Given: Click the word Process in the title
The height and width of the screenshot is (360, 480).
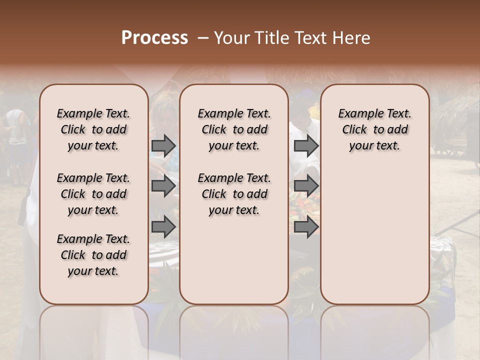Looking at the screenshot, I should coord(154,38).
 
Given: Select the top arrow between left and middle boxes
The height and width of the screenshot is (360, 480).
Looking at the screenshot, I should coord(163,145).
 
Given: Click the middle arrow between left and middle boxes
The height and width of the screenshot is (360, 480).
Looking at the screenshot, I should coord(163,186).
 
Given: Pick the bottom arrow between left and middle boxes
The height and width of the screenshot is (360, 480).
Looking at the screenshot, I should coord(163,227).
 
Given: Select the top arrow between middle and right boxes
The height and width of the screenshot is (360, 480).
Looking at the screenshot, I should coord(306,145).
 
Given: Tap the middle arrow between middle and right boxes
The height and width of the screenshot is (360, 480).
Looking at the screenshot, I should coord(306,186).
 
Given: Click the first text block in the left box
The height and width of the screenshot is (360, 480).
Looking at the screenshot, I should coord(93,129).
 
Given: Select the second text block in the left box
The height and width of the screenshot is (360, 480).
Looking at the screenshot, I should coord(93,194).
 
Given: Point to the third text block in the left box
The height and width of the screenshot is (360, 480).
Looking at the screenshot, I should coord(93,255).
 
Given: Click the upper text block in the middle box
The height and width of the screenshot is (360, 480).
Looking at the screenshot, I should coord(234,129).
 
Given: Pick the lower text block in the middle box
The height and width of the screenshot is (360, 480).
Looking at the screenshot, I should coord(234,194).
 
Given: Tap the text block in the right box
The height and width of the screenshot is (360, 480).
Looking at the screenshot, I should coord(374,129).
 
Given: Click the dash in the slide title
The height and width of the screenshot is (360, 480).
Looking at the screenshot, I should coord(203,38).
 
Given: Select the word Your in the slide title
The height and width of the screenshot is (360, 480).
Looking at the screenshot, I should coord(232,38).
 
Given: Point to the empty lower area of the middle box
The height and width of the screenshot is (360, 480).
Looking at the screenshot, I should coord(234,260).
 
